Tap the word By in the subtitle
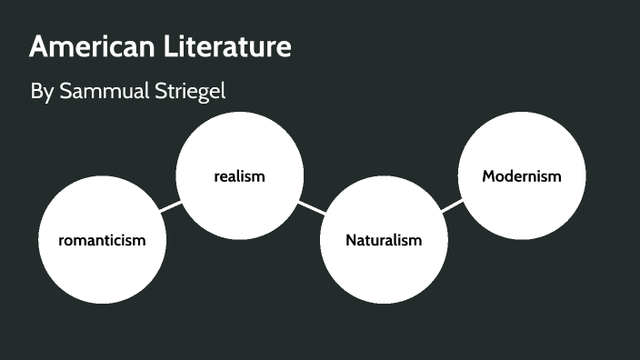[42, 93]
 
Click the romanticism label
[102, 240]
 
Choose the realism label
[239, 176]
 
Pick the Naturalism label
[384, 240]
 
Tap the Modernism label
[522, 176]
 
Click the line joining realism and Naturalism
[311, 207]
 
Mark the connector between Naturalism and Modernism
[452, 207]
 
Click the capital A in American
[38, 47]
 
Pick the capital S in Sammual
[65, 93]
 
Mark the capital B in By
[36, 93]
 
